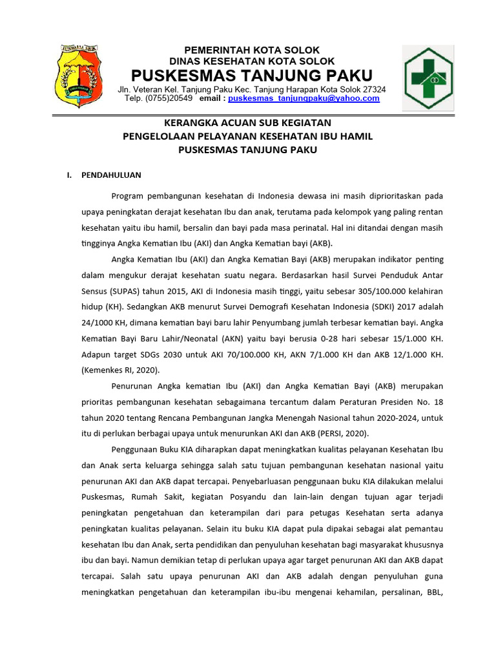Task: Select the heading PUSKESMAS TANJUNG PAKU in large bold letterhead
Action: (253, 74)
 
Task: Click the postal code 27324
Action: (375, 89)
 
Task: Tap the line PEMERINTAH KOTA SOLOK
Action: (252, 50)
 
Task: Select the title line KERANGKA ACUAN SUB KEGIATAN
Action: (248, 122)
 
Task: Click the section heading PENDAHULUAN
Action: (111, 175)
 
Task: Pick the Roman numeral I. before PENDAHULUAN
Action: (68, 175)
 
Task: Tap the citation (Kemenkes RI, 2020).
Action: (120, 370)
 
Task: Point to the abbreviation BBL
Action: (433, 592)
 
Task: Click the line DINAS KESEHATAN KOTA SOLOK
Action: (252, 61)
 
